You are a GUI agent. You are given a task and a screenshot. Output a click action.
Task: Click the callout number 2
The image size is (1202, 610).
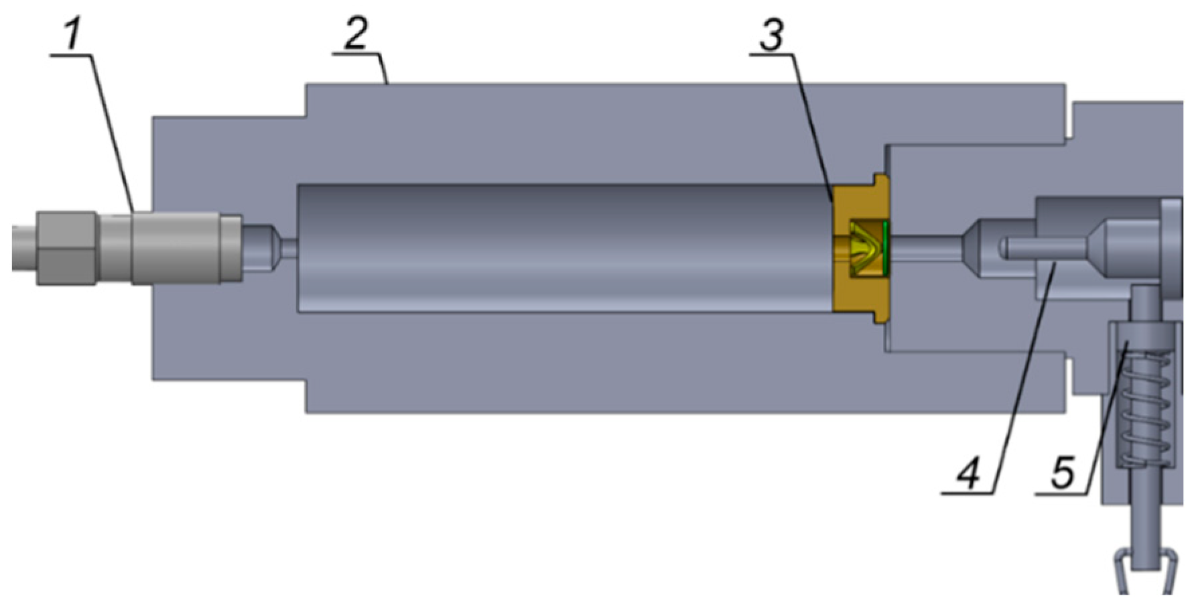click(x=356, y=34)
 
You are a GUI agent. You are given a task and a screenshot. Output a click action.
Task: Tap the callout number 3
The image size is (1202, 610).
click(x=772, y=35)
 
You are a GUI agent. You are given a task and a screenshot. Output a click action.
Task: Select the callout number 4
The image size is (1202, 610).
click(x=968, y=473)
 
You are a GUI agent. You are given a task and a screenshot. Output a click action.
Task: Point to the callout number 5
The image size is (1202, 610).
click(x=1063, y=473)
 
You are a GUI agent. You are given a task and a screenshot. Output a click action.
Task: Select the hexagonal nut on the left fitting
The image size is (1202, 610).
click(x=66, y=247)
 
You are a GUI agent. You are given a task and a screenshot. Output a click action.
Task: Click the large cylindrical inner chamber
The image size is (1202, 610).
click(x=563, y=248)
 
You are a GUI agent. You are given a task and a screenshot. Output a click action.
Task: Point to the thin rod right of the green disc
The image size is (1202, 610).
click(x=925, y=249)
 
